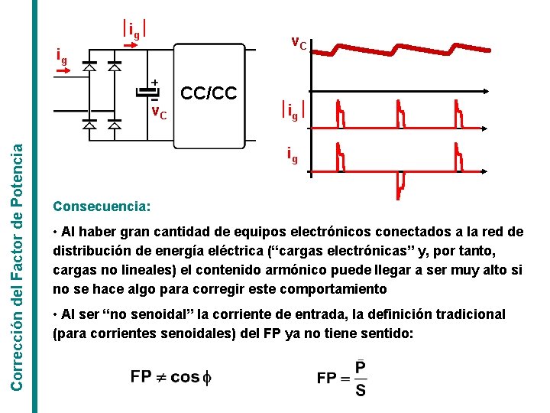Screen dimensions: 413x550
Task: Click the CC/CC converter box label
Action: tap(209, 93)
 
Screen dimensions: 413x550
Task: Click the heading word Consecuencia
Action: tap(102, 207)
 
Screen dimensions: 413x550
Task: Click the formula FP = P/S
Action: tap(341, 379)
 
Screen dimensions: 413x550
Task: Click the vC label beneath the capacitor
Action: tap(158, 114)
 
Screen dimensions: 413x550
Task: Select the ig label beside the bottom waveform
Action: tap(293, 156)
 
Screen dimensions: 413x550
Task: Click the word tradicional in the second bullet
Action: tap(465, 314)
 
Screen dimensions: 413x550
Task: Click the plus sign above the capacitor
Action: tap(155, 81)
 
